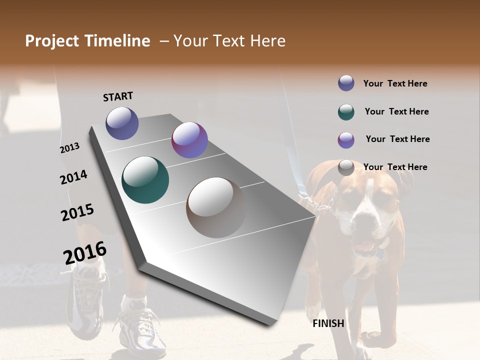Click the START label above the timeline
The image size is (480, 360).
(118, 96)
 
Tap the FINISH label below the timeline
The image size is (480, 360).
(328, 323)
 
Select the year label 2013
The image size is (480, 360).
(69, 148)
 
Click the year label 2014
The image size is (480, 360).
(73, 177)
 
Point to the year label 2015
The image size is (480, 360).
(77, 212)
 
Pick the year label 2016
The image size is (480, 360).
(85, 253)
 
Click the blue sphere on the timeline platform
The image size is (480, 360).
(122, 123)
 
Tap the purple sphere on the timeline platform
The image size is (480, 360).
(189, 140)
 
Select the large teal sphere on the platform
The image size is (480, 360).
(145, 180)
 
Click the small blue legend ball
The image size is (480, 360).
(346, 83)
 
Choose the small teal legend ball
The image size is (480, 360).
(346, 111)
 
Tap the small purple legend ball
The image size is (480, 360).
(346, 140)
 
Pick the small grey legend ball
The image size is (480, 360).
(346, 168)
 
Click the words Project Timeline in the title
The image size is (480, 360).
(87, 41)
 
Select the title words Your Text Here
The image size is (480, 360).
(229, 41)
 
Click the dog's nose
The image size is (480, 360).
(364, 223)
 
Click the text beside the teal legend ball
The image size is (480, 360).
(396, 111)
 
